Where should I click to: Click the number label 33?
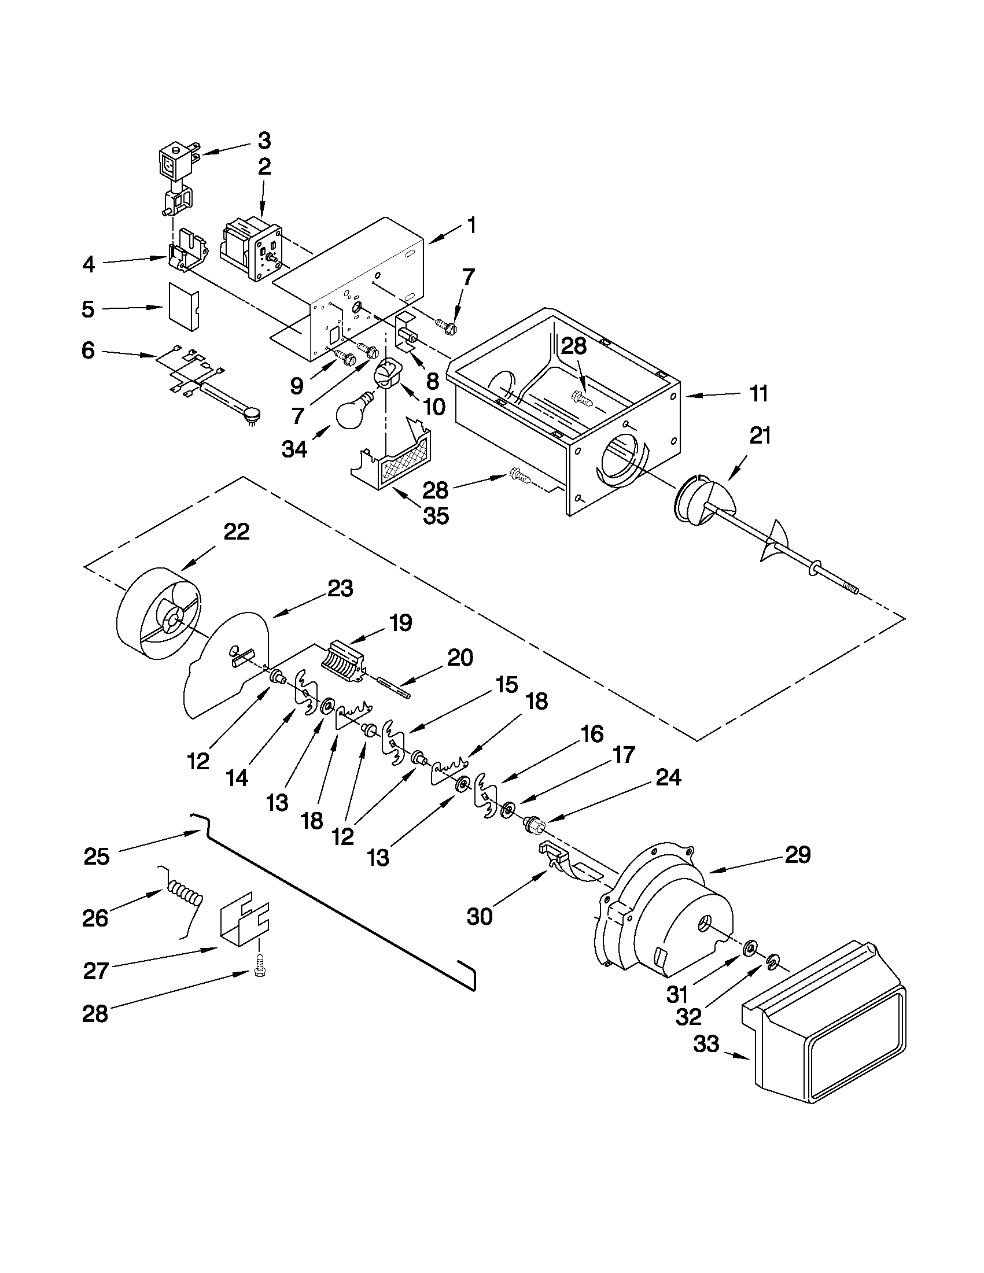coord(706,1044)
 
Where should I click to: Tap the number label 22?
coord(237,532)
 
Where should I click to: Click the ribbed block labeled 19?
coord(344,661)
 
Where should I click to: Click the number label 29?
coord(797,854)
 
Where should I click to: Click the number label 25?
coord(97,856)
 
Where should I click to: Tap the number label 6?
coord(88,351)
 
